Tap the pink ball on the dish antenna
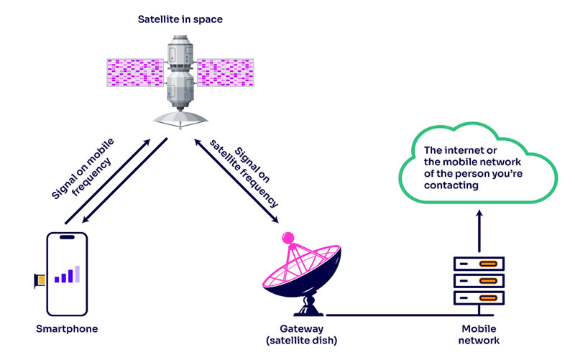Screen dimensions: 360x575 [287, 236]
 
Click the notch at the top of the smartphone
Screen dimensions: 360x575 [66, 236]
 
